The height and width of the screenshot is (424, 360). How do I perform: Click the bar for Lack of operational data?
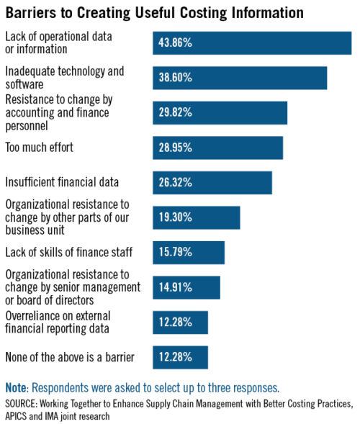tap(252, 43)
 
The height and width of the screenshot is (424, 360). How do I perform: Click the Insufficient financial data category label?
tap(62, 182)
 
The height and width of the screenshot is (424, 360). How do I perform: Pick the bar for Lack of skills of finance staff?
tap(189, 253)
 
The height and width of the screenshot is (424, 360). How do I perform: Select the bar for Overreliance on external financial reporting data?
tap(180, 322)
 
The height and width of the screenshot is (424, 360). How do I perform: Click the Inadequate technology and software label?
tap(65, 78)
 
